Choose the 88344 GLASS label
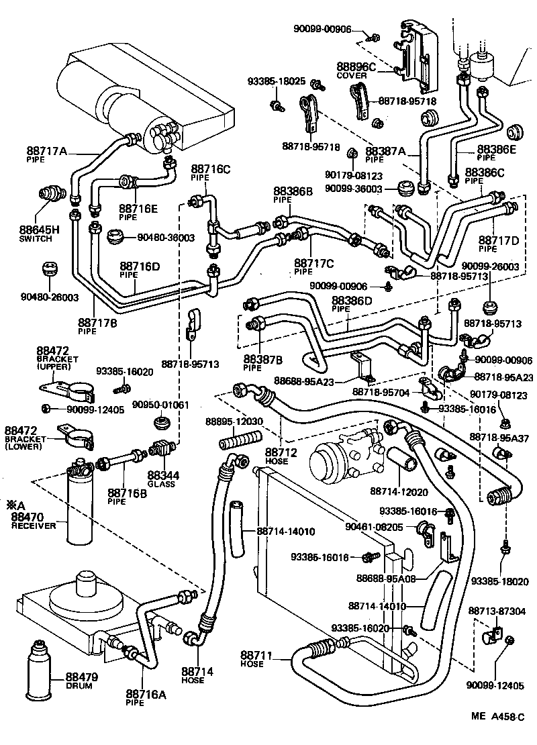161,478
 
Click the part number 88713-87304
497,611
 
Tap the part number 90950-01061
160,405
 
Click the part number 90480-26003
41,297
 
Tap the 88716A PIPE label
145,697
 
